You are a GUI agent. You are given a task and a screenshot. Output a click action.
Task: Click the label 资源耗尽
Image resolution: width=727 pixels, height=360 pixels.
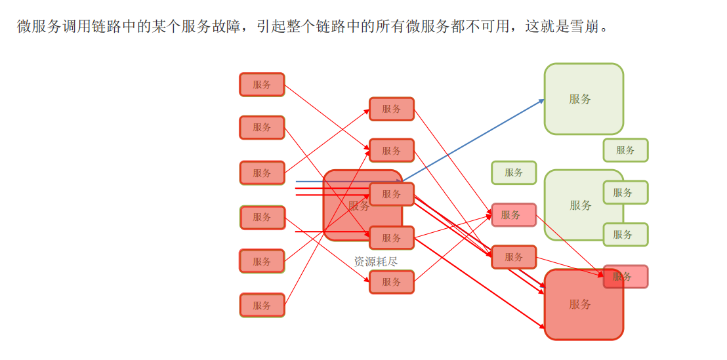tap(375, 261)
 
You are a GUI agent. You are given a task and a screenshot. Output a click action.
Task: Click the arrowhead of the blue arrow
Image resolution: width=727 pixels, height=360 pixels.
tap(542, 100)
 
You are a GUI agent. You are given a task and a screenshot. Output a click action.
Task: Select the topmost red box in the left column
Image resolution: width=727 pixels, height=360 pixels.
tap(262, 85)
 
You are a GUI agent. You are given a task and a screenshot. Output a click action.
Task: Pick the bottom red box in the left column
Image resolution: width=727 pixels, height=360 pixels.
tap(262, 305)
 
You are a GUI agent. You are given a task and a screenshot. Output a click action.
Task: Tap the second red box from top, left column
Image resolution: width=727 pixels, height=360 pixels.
tap(262, 127)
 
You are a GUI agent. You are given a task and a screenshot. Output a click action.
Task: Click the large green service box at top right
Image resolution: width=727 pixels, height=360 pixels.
tap(583, 99)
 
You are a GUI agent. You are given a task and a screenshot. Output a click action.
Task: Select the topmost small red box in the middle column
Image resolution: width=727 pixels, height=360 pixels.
tap(392, 109)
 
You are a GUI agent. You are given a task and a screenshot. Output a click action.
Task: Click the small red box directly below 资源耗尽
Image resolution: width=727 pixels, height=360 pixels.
tap(392, 282)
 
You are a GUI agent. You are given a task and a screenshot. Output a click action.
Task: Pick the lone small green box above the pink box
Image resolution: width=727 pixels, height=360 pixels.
tap(514, 172)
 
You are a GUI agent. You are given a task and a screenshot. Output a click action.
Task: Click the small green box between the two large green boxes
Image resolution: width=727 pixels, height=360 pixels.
tap(625, 150)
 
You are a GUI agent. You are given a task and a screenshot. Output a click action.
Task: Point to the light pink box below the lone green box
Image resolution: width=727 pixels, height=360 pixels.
tap(514, 214)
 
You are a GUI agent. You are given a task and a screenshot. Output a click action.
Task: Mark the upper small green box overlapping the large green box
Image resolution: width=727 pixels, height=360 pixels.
tap(625, 192)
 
